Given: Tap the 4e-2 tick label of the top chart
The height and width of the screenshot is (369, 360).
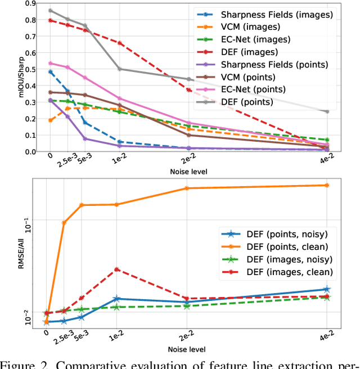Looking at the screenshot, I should (x=325, y=162).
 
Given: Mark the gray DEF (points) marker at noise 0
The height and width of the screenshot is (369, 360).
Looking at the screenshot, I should (x=51, y=11).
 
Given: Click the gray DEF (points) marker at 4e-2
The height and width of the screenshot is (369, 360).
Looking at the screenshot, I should (x=327, y=111).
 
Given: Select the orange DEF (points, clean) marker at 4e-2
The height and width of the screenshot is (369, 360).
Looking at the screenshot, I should (x=327, y=185).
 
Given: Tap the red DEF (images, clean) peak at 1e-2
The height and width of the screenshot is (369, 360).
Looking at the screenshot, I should (x=117, y=269).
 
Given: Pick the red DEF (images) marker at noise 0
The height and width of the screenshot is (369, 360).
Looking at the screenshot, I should (x=51, y=20).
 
